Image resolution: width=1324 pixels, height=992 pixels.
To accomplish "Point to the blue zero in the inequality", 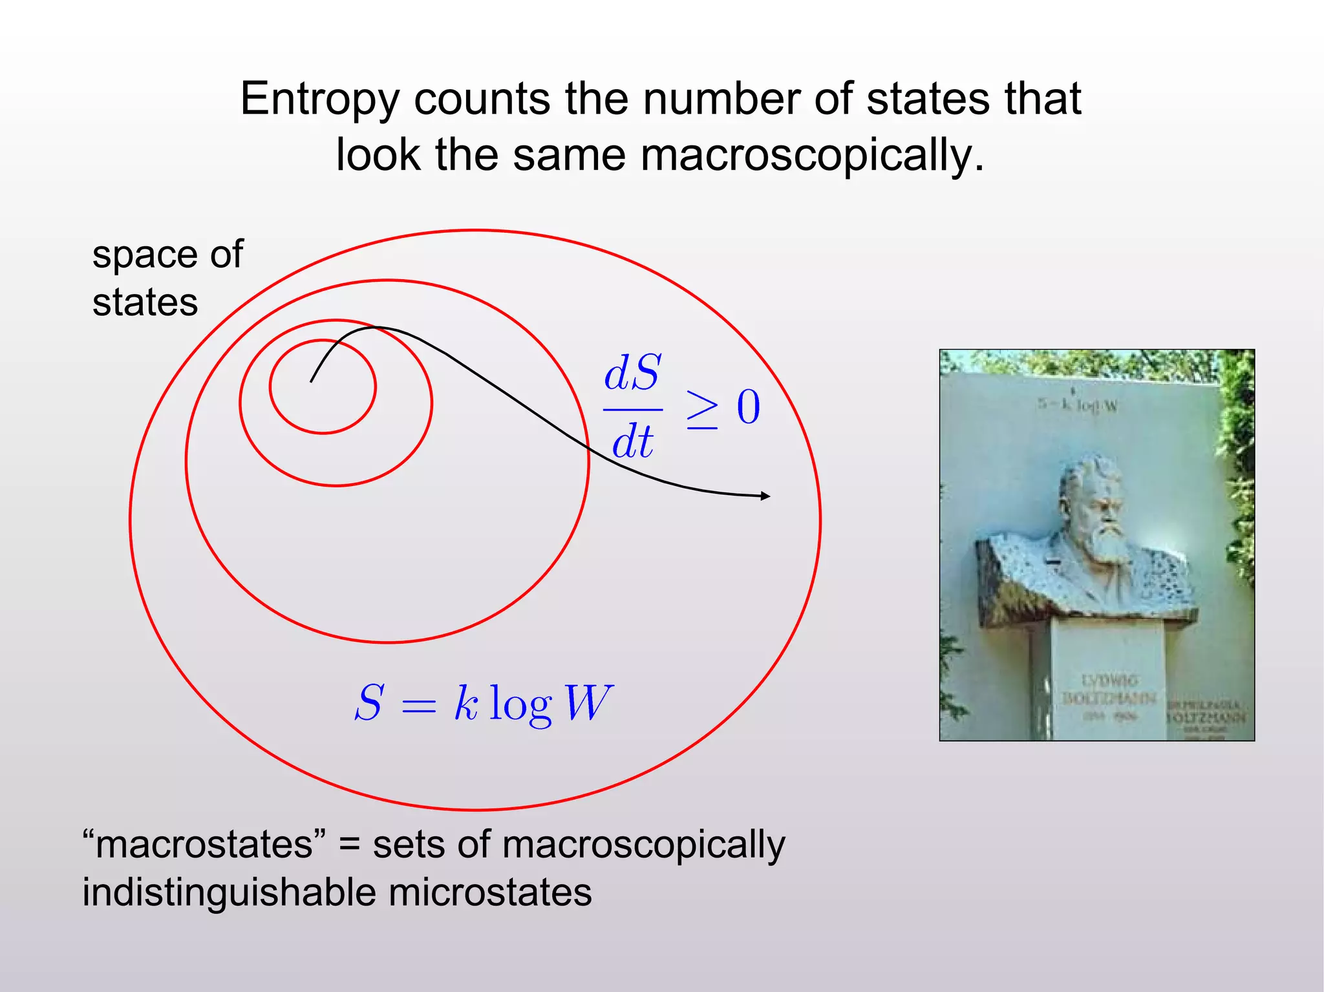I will [749, 407].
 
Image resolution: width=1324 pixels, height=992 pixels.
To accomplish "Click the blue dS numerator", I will [632, 373].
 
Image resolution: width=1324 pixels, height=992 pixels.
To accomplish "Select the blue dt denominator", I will [632, 443].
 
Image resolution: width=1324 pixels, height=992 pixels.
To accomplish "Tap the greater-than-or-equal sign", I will [702, 410].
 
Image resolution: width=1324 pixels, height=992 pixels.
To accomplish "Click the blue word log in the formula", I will [520, 704].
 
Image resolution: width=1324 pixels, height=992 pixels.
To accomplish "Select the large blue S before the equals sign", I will [369, 702].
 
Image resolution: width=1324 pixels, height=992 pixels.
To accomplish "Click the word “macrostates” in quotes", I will [204, 845].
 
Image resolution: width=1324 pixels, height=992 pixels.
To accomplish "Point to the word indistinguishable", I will [229, 892].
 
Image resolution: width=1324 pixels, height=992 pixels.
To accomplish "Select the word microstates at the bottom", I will [489, 892].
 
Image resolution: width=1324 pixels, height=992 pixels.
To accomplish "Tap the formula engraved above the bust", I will [1078, 405].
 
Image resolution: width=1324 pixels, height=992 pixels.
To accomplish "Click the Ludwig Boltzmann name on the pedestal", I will [1109, 690].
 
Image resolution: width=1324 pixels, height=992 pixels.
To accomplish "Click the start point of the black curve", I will [311, 381].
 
